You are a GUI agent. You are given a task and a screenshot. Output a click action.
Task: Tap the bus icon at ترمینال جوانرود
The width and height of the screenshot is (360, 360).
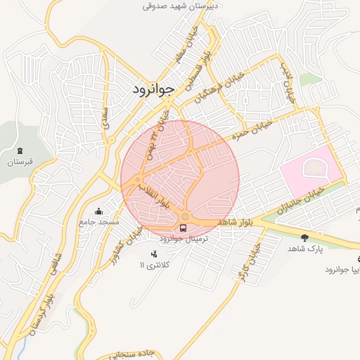pos(184,229)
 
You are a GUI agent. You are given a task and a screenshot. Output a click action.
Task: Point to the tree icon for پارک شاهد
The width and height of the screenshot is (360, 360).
pos(304,238)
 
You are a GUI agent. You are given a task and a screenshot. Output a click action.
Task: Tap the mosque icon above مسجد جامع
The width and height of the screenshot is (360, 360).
pos(99,211)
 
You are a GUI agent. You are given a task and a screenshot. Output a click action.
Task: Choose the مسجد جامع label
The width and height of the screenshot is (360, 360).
pos(99,222)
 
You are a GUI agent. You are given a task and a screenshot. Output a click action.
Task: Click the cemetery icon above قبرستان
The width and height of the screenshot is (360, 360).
pos(20,150)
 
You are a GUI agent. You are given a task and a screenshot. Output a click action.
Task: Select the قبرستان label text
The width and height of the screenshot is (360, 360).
pos(20,162)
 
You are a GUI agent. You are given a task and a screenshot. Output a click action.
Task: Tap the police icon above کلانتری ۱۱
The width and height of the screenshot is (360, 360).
pos(154,254)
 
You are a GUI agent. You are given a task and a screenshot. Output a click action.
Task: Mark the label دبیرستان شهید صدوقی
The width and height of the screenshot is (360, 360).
pos(181,6)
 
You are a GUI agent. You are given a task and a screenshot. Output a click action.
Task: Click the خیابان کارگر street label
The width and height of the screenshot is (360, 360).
pos(250,261)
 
